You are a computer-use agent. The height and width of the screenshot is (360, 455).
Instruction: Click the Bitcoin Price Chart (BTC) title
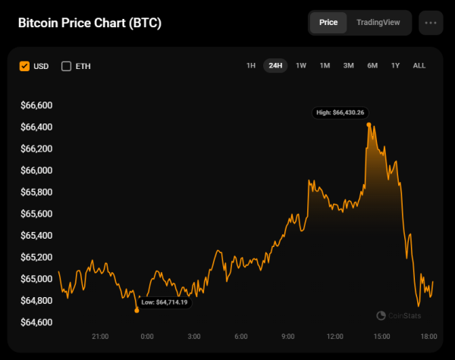pos(89,23)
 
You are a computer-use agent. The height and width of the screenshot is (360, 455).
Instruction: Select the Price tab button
pos(328,23)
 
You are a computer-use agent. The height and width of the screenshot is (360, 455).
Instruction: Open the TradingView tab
pos(378,23)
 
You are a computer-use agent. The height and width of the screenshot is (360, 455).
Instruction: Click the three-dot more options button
pos(431,23)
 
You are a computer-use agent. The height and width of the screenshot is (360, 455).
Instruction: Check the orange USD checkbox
pos(25,66)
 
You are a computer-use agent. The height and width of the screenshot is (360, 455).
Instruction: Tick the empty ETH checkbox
pos(66,66)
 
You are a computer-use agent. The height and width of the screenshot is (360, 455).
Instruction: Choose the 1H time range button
pos(251,66)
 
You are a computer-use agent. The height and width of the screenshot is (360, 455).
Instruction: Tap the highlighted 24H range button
pos(275,66)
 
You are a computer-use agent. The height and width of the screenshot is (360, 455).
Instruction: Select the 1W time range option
pos(301,66)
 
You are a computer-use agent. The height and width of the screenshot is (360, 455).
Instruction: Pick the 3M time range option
pos(349,66)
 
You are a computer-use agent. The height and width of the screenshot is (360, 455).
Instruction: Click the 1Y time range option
pos(395,66)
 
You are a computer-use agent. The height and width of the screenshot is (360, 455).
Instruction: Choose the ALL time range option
pos(419,66)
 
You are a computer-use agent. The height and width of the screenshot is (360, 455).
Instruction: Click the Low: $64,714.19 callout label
pos(164,302)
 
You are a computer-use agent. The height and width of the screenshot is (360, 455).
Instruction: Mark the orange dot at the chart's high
pos(368,124)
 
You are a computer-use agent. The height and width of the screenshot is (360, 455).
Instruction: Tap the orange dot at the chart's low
pos(136,310)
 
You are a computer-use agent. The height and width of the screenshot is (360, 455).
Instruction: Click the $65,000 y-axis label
pos(36,280)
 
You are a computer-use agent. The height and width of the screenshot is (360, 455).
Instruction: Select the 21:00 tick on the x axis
pos(100,336)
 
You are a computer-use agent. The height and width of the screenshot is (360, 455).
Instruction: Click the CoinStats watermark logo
pos(399,315)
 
